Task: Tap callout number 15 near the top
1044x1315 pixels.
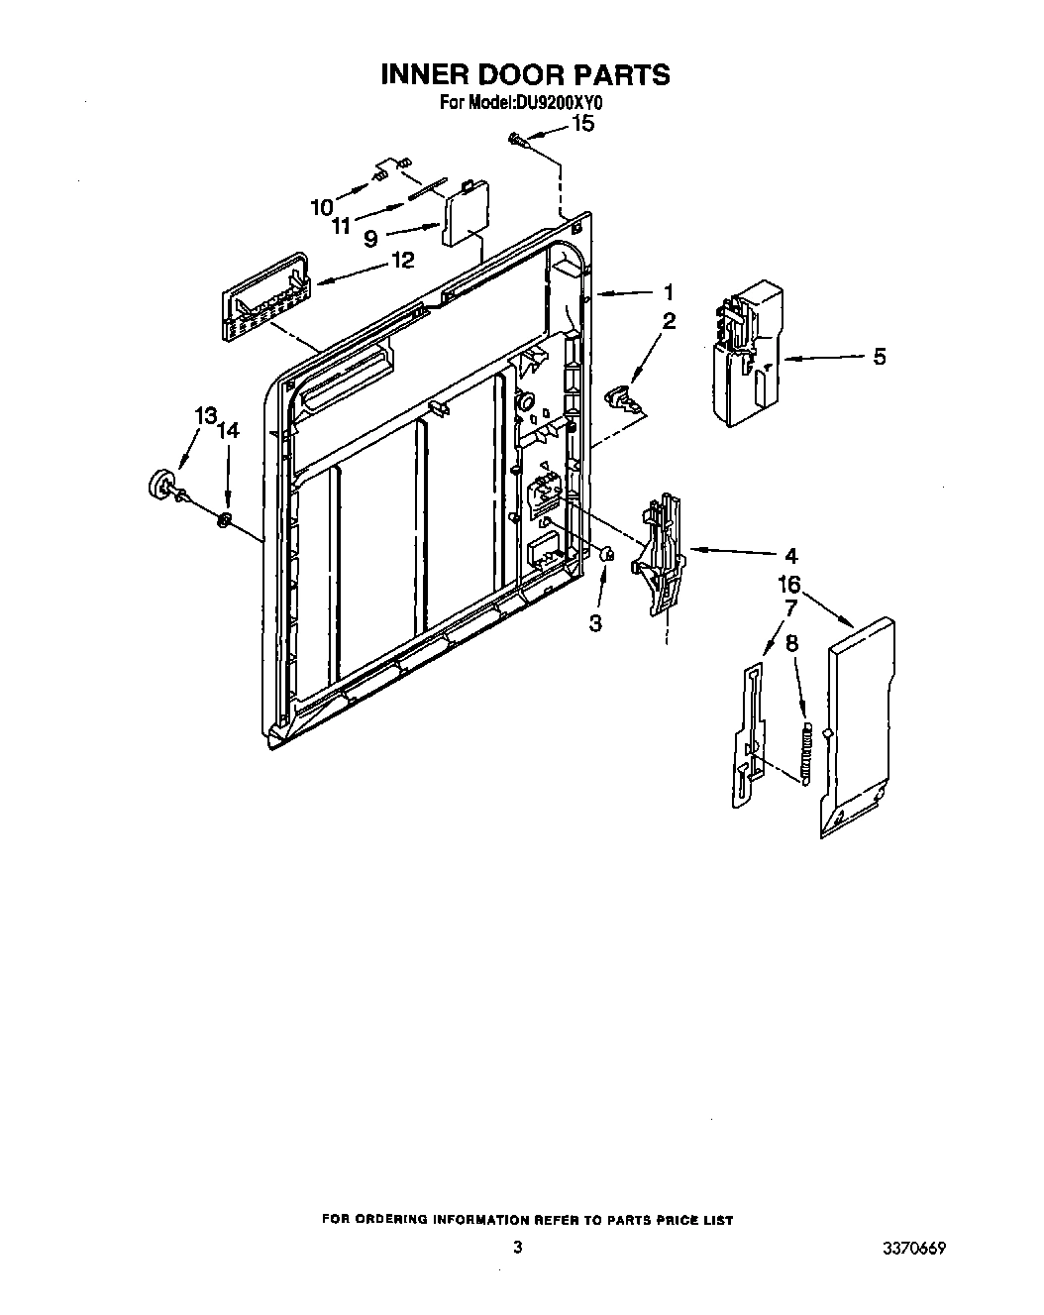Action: coord(584,124)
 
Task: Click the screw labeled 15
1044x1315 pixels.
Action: coord(517,141)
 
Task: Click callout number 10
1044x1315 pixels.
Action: coord(321,206)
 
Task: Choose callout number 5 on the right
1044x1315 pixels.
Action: coord(879,357)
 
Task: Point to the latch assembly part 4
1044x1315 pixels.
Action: coord(660,557)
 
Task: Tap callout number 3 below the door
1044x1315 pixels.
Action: coord(595,622)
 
